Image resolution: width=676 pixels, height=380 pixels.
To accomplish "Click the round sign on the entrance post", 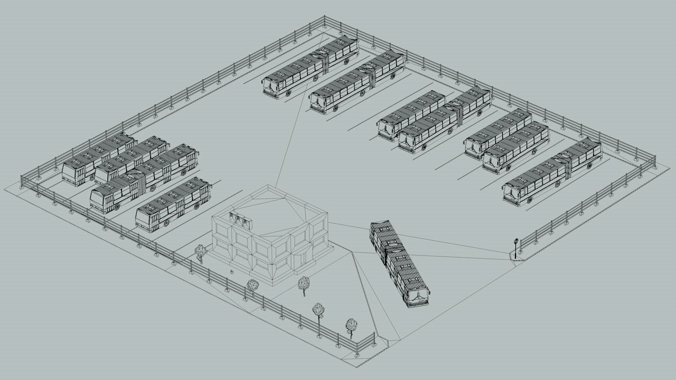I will coord(515,242).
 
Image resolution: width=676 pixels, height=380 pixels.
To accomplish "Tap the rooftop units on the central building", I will coord(240,219).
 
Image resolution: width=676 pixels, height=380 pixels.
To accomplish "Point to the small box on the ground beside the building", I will coord(231,272).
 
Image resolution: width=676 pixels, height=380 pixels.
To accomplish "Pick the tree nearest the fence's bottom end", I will coord(351,325).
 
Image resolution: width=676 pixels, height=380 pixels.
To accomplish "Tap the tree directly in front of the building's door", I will coord(303,283).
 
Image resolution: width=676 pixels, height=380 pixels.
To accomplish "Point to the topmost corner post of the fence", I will coord(324,21).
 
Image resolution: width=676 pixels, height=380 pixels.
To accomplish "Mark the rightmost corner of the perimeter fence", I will coord(654,159).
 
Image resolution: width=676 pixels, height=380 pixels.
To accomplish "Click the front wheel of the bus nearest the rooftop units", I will coord(167,223).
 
